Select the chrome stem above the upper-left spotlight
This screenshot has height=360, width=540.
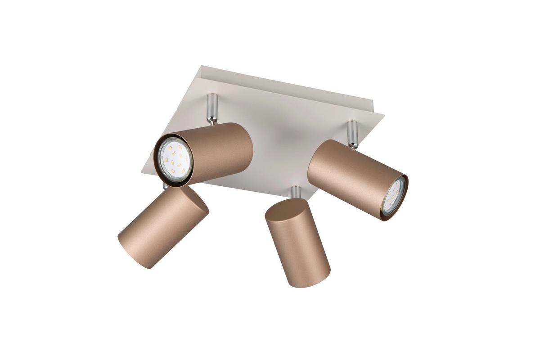pyautogui.click(x=212, y=108)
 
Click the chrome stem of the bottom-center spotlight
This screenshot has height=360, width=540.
pyautogui.click(x=296, y=192)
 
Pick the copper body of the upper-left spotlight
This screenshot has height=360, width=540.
pyautogui.click(x=220, y=148)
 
